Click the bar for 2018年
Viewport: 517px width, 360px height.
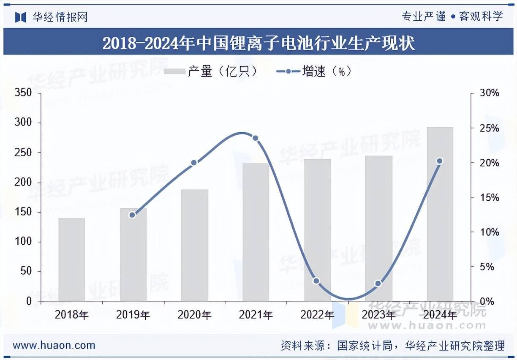pos(72,259)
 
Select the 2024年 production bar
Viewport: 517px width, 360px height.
pos(440,214)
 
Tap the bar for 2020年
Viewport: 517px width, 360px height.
pos(195,245)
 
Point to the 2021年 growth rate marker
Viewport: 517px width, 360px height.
pos(255,138)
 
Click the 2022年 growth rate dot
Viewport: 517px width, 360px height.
pos(316,281)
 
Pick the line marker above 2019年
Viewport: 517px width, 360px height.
pos(132,215)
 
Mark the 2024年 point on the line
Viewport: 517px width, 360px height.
pos(439,161)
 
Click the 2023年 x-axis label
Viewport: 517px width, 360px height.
pos(378,315)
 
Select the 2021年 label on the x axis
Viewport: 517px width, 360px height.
pos(256,315)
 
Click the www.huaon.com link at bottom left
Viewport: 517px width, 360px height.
pos(54,345)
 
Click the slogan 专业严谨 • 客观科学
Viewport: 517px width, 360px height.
pos(452,16)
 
